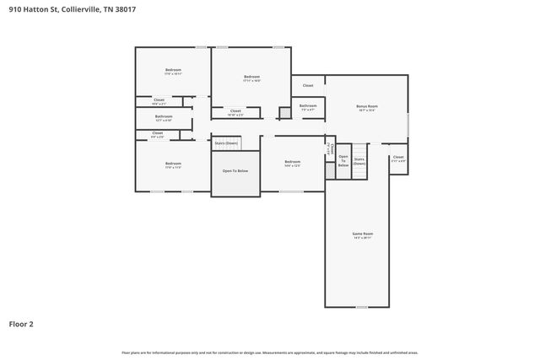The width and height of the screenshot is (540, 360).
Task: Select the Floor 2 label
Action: click(x=21, y=323)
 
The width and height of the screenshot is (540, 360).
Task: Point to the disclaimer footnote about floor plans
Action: click(x=270, y=352)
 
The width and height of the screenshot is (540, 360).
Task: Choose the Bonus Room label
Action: click(x=366, y=106)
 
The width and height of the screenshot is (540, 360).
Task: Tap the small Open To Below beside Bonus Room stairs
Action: click(x=343, y=161)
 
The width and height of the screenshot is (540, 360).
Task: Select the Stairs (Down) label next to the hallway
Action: click(x=225, y=143)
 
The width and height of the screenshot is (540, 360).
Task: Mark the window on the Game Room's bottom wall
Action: click(x=362, y=307)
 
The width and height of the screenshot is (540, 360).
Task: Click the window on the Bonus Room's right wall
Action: click(x=408, y=123)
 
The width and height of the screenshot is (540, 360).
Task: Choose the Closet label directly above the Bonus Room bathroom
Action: click(x=308, y=85)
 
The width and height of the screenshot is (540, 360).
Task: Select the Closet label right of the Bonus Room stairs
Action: click(x=398, y=157)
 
